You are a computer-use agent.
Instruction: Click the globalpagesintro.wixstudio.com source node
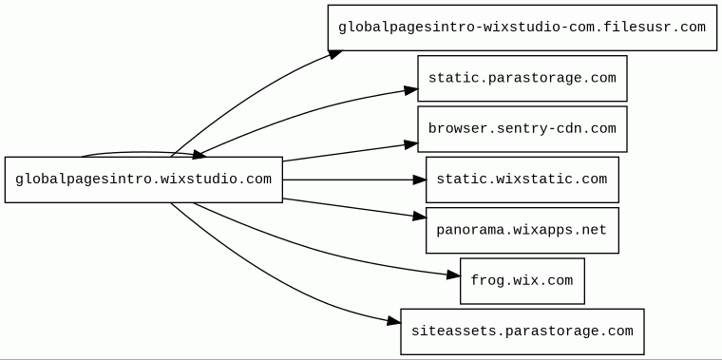[x=143, y=180]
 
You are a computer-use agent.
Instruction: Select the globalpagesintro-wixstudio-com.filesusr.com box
[x=522, y=28]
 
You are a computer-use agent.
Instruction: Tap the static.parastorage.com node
[x=522, y=78]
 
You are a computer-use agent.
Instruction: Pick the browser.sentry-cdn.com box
[x=522, y=129]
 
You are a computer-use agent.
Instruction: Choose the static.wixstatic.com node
[x=522, y=180]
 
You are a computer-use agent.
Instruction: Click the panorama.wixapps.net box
[x=522, y=230]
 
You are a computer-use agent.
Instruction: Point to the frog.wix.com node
[x=522, y=281]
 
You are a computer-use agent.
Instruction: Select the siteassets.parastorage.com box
[x=522, y=332]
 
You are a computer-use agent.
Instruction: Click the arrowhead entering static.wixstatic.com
[x=420, y=180]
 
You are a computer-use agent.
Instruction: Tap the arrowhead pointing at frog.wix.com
[x=453, y=275]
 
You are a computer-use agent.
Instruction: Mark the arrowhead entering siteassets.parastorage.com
[x=394, y=321]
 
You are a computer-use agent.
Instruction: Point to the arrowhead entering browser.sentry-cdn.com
[x=411, y=144]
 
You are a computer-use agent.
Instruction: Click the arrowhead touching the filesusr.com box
[x=335, y=54]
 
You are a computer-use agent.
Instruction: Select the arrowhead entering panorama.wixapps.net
[x=420, y=216]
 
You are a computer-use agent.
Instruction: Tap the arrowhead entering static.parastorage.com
[x=411, y=90]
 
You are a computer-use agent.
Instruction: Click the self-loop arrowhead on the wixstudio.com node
[x=199, y=155]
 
